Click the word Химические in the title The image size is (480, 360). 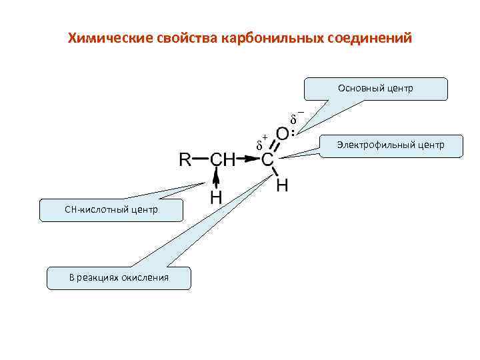tap(111, 38)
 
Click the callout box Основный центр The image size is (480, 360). tap(375, 89)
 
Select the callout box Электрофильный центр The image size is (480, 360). tap(391, 145)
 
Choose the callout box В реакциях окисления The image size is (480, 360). tap(119, 278)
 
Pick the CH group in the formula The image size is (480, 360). tap(223, 160)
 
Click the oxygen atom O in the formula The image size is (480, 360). tap(283, 135)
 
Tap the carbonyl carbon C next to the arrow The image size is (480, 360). tap(267, 160)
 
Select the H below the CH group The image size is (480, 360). tap(217, 197)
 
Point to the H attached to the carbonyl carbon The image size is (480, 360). tap(283, 185)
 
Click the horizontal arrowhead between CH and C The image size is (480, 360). tap(252, 160)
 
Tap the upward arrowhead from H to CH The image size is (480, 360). tap(217, 175)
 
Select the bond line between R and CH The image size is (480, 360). tap(201, 160)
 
